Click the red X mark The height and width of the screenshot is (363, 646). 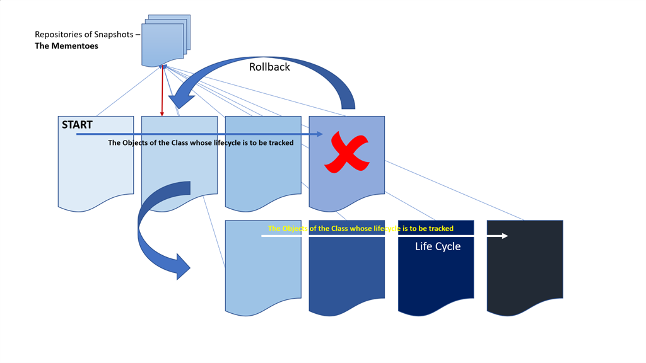pos(346,152)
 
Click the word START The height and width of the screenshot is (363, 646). pos(77,125)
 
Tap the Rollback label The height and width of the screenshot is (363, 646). pos(269,67)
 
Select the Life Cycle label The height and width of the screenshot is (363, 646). pos(437,246)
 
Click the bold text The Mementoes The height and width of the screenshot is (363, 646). pos(66,46)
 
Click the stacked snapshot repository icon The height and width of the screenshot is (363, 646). pos(165,40)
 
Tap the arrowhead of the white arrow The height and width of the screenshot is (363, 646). pos(505,236)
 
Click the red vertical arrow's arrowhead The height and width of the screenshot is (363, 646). pos(162,114)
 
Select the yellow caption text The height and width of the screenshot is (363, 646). pos(360,228)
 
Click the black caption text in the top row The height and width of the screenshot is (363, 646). pos(201,143)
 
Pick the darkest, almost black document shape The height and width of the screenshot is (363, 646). pos(525,265)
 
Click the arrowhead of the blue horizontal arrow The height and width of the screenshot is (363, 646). pos(320,134)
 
